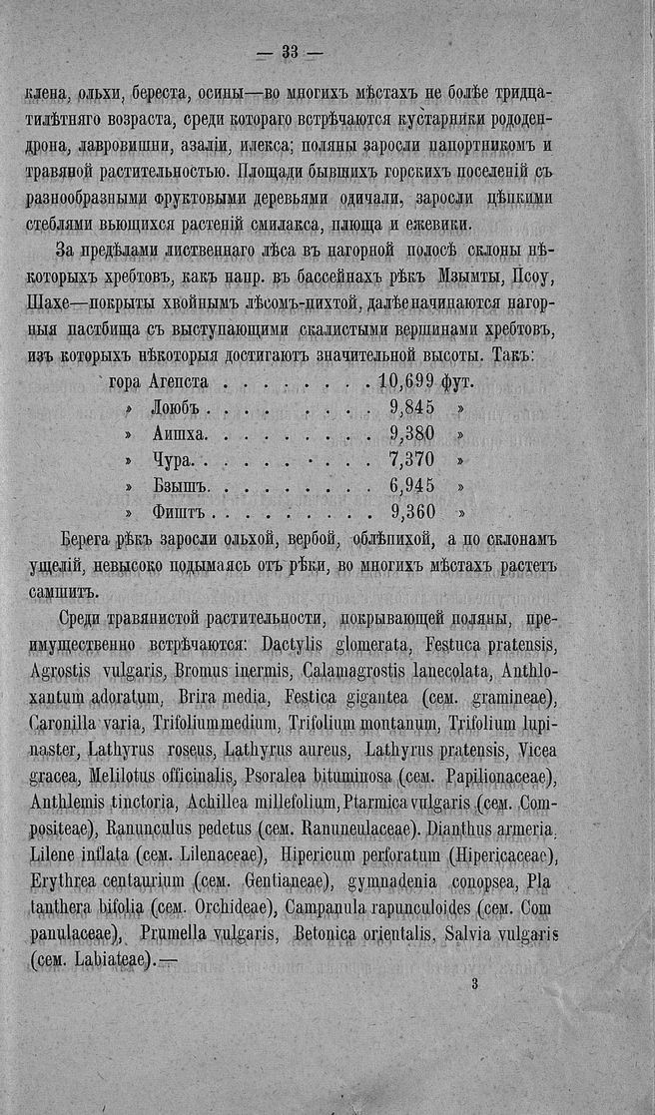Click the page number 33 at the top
pos(292,52)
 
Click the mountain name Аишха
pos(181,434)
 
